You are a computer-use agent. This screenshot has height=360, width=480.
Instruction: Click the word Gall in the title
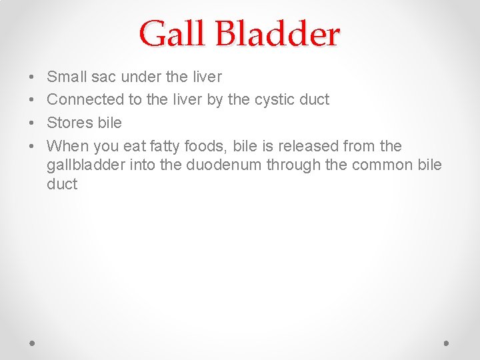pyautogui.click(x=171, y=33)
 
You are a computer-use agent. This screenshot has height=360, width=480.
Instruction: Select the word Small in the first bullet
pyautogui.click(x=66, y=77)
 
